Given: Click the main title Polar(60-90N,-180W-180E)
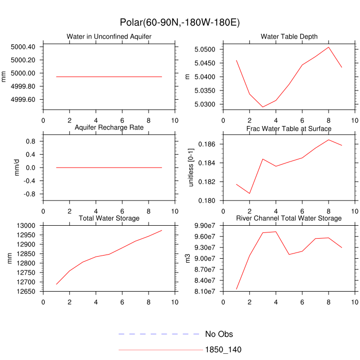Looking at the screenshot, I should pyautogui.click(x=179, y=23).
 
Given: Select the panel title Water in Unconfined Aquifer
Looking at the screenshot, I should pyautogui.click(x=109, y=37).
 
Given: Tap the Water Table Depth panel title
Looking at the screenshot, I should pyautogui.click(x=289, y=37).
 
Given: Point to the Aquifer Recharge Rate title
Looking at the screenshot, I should pyautogui.click(x=109, y=128).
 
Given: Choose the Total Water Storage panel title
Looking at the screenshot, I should pyautogui.click(x=109, y=219).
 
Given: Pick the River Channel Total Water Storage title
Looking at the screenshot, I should pyautogui.click(x=289, y=219).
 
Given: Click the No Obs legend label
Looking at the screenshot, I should pyautogui.click(x=219, y=334).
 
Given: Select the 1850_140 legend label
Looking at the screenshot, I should pyautogui.click(x=223, y=350).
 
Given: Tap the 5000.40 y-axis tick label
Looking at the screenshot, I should pyautogui.click(x=23, y=47).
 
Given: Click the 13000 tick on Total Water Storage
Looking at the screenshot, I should pyautogui.click(x=26, y=225).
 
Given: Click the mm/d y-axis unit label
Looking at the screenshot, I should pyautogui.click(x=17, y=168).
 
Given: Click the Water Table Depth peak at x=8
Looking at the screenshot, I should pyautogui.click(x=329, y=47).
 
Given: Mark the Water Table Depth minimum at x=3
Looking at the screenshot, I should pyautogui.click(x=263, y=107).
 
